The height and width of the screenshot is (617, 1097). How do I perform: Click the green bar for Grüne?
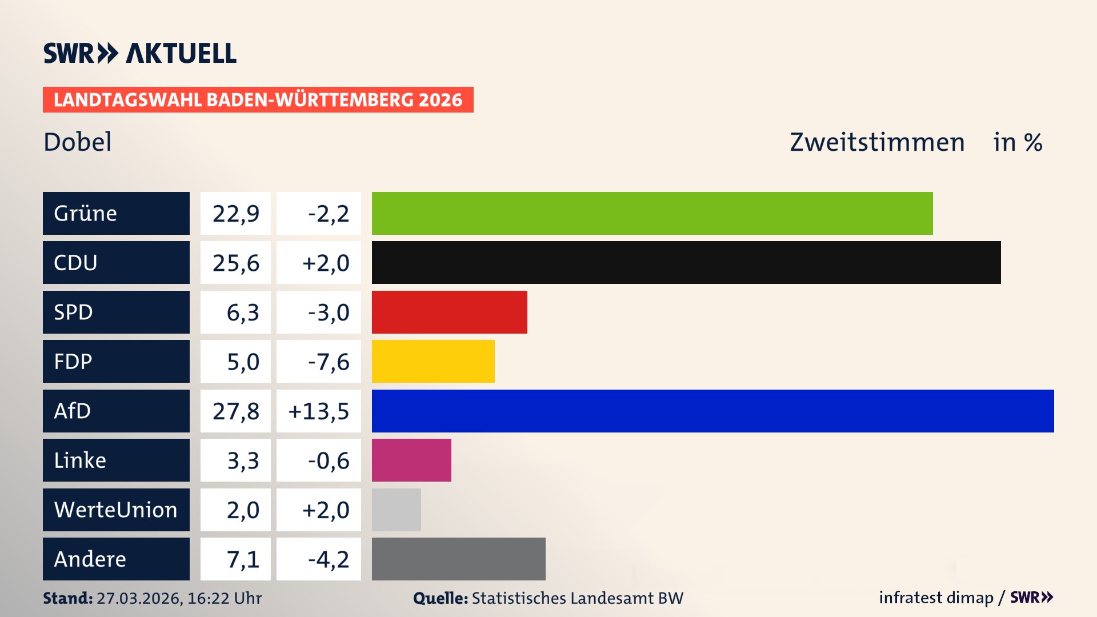click(x=652, y=213)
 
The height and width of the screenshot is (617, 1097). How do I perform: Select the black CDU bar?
click(x=686, y=263)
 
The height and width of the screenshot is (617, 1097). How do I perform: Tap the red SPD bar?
click(x=449, y=312)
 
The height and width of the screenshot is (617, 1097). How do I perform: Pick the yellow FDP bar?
click(x=433, y=361)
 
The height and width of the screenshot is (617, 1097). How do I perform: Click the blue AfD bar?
click(x=712, y=411)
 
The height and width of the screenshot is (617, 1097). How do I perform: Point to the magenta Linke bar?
click(x=411, y=460)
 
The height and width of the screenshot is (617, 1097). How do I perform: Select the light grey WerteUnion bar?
click(x=396, y=510)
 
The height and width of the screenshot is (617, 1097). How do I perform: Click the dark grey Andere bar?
click(x=458, y=559)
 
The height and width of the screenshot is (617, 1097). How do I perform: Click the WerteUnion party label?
click(x=116, y=510)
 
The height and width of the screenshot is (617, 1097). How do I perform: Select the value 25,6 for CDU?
click(x=235, y=263)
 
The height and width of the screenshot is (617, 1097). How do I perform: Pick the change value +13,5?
click(x=319, y=411)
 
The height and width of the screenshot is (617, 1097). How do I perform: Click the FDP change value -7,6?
click(x=328, y=361)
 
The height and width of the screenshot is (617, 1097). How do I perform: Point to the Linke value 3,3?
click(x=243, y=460)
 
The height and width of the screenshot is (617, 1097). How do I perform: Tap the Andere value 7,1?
click(x=243, y=559)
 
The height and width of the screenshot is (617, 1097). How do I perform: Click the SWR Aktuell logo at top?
click(x=139, y=53)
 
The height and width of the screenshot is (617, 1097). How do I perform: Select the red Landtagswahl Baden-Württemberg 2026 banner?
click(x=258, y=99)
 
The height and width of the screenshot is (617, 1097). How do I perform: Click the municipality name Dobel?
click(x=78, y=142)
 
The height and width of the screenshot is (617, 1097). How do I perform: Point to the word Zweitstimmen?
click(x=877, y=142)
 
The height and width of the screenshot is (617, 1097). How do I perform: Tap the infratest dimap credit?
click(x=936, y=598)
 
